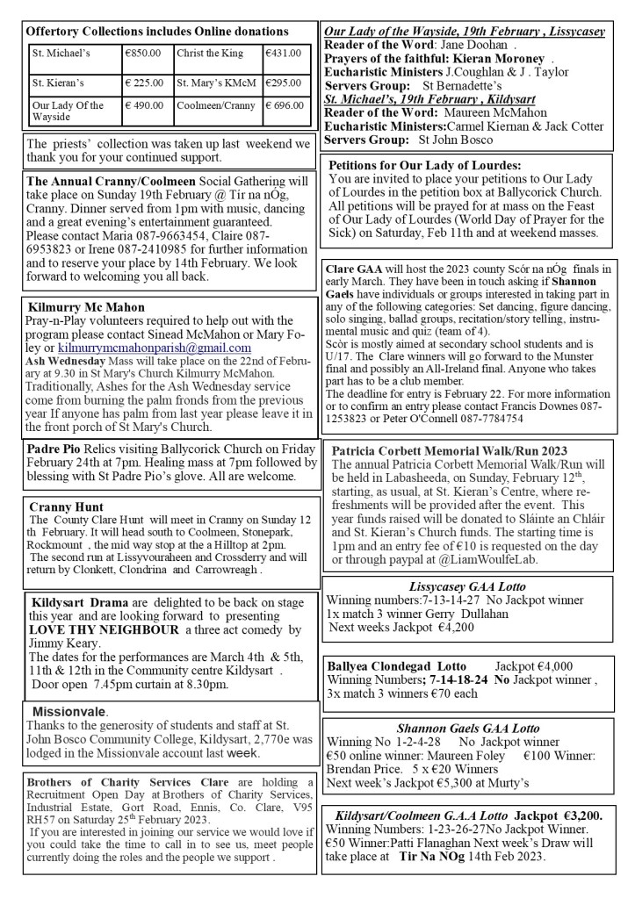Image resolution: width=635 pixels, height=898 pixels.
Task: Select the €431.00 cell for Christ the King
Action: [x=283, y=54]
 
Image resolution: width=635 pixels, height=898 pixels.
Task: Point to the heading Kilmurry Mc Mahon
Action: [x=86, y=308]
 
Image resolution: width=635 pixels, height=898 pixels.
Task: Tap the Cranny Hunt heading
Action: [x=66, y=507]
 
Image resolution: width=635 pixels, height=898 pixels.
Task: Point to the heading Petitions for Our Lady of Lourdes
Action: [x=424, y=165]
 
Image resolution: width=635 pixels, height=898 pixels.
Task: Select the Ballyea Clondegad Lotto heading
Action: [x=395, y=665]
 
